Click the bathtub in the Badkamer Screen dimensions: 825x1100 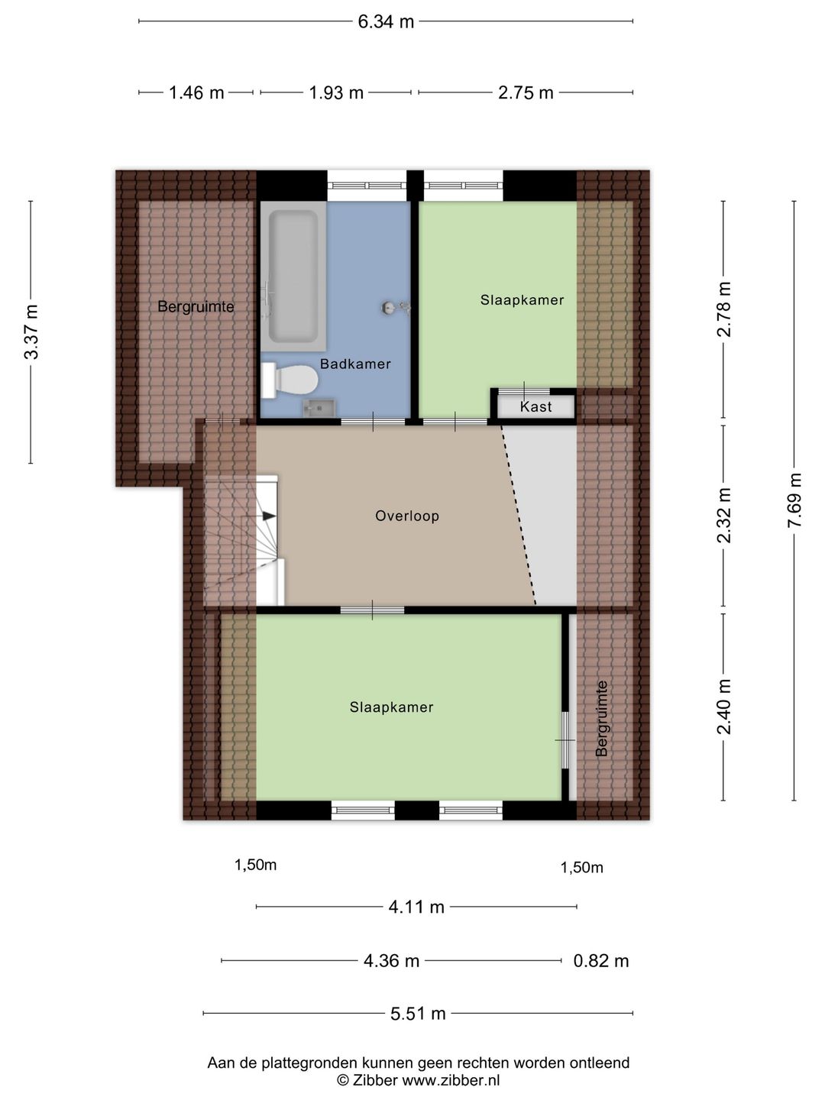[x=293, y=277]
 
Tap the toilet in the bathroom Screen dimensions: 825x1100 [x=290, y=381]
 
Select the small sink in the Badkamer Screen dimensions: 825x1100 [x=319, y=409]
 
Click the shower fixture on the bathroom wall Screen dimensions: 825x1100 [x=396, y=307]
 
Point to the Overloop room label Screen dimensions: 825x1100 [x=407, y=516]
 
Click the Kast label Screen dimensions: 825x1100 [x=535, y=406]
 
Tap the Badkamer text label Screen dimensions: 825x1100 [x=355, y=364]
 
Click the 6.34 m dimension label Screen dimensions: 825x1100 [x=386, y=22]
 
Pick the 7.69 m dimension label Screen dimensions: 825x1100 [x=794, y=500]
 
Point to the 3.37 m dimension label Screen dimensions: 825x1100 [x=31, y=332]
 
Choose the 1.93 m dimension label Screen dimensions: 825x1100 [x=335, y=93]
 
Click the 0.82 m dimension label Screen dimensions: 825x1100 [x=601, y=961]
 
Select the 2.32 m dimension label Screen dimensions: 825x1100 [x=724, y=515]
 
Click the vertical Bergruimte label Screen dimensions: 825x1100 [x=602, y=718]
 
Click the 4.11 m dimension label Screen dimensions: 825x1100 [x=416, y=907]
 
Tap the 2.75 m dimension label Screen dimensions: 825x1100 [x=526, y=93]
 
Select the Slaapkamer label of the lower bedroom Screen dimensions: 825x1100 [x=391, y=707]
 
